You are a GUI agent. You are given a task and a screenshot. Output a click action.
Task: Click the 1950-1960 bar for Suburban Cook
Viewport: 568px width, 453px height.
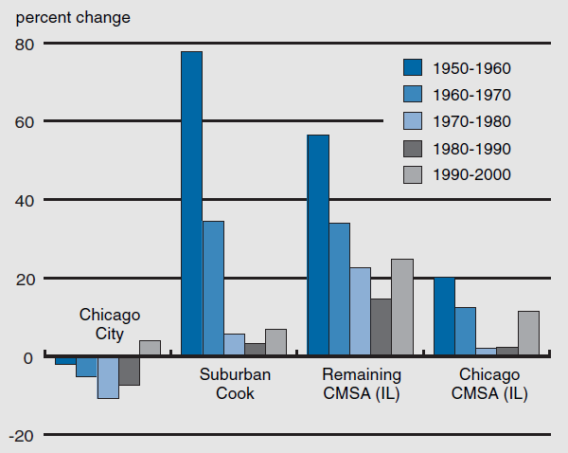pos(191,204)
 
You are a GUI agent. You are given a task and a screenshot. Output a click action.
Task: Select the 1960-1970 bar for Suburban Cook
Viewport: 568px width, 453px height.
pos(213,289)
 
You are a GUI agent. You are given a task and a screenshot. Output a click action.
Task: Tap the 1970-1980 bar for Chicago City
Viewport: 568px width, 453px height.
pos(108,377)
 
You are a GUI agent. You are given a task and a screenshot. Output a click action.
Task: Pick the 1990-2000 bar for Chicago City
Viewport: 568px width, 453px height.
pos(150,348)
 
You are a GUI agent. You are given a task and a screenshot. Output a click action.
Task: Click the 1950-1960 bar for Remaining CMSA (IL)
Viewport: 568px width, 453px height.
pos(317,245)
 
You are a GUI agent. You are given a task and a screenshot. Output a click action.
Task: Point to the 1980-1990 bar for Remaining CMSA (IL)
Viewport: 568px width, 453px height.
pos(381,327)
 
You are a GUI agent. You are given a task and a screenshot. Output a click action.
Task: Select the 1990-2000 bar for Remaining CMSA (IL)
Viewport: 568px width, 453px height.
pos(401,307)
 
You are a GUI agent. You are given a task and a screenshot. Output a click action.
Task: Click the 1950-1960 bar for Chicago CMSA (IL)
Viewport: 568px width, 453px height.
pos(444,317)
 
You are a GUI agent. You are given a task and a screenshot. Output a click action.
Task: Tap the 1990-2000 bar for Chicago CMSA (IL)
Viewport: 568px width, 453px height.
pos(528,334)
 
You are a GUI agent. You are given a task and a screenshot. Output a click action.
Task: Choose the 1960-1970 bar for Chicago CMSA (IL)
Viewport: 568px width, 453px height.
pos(465,332)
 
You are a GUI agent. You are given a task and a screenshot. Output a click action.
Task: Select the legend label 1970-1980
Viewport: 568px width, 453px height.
pos(472,120)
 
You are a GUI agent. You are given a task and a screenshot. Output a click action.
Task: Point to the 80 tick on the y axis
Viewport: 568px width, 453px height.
pos(25,44)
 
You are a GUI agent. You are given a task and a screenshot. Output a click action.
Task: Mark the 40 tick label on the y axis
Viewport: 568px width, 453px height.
pos(25,200)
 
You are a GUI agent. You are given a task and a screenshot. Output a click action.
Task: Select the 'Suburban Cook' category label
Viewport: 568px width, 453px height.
pos(227,384)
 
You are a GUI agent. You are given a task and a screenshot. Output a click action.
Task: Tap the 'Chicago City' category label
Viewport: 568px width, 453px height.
pos(109,323)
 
